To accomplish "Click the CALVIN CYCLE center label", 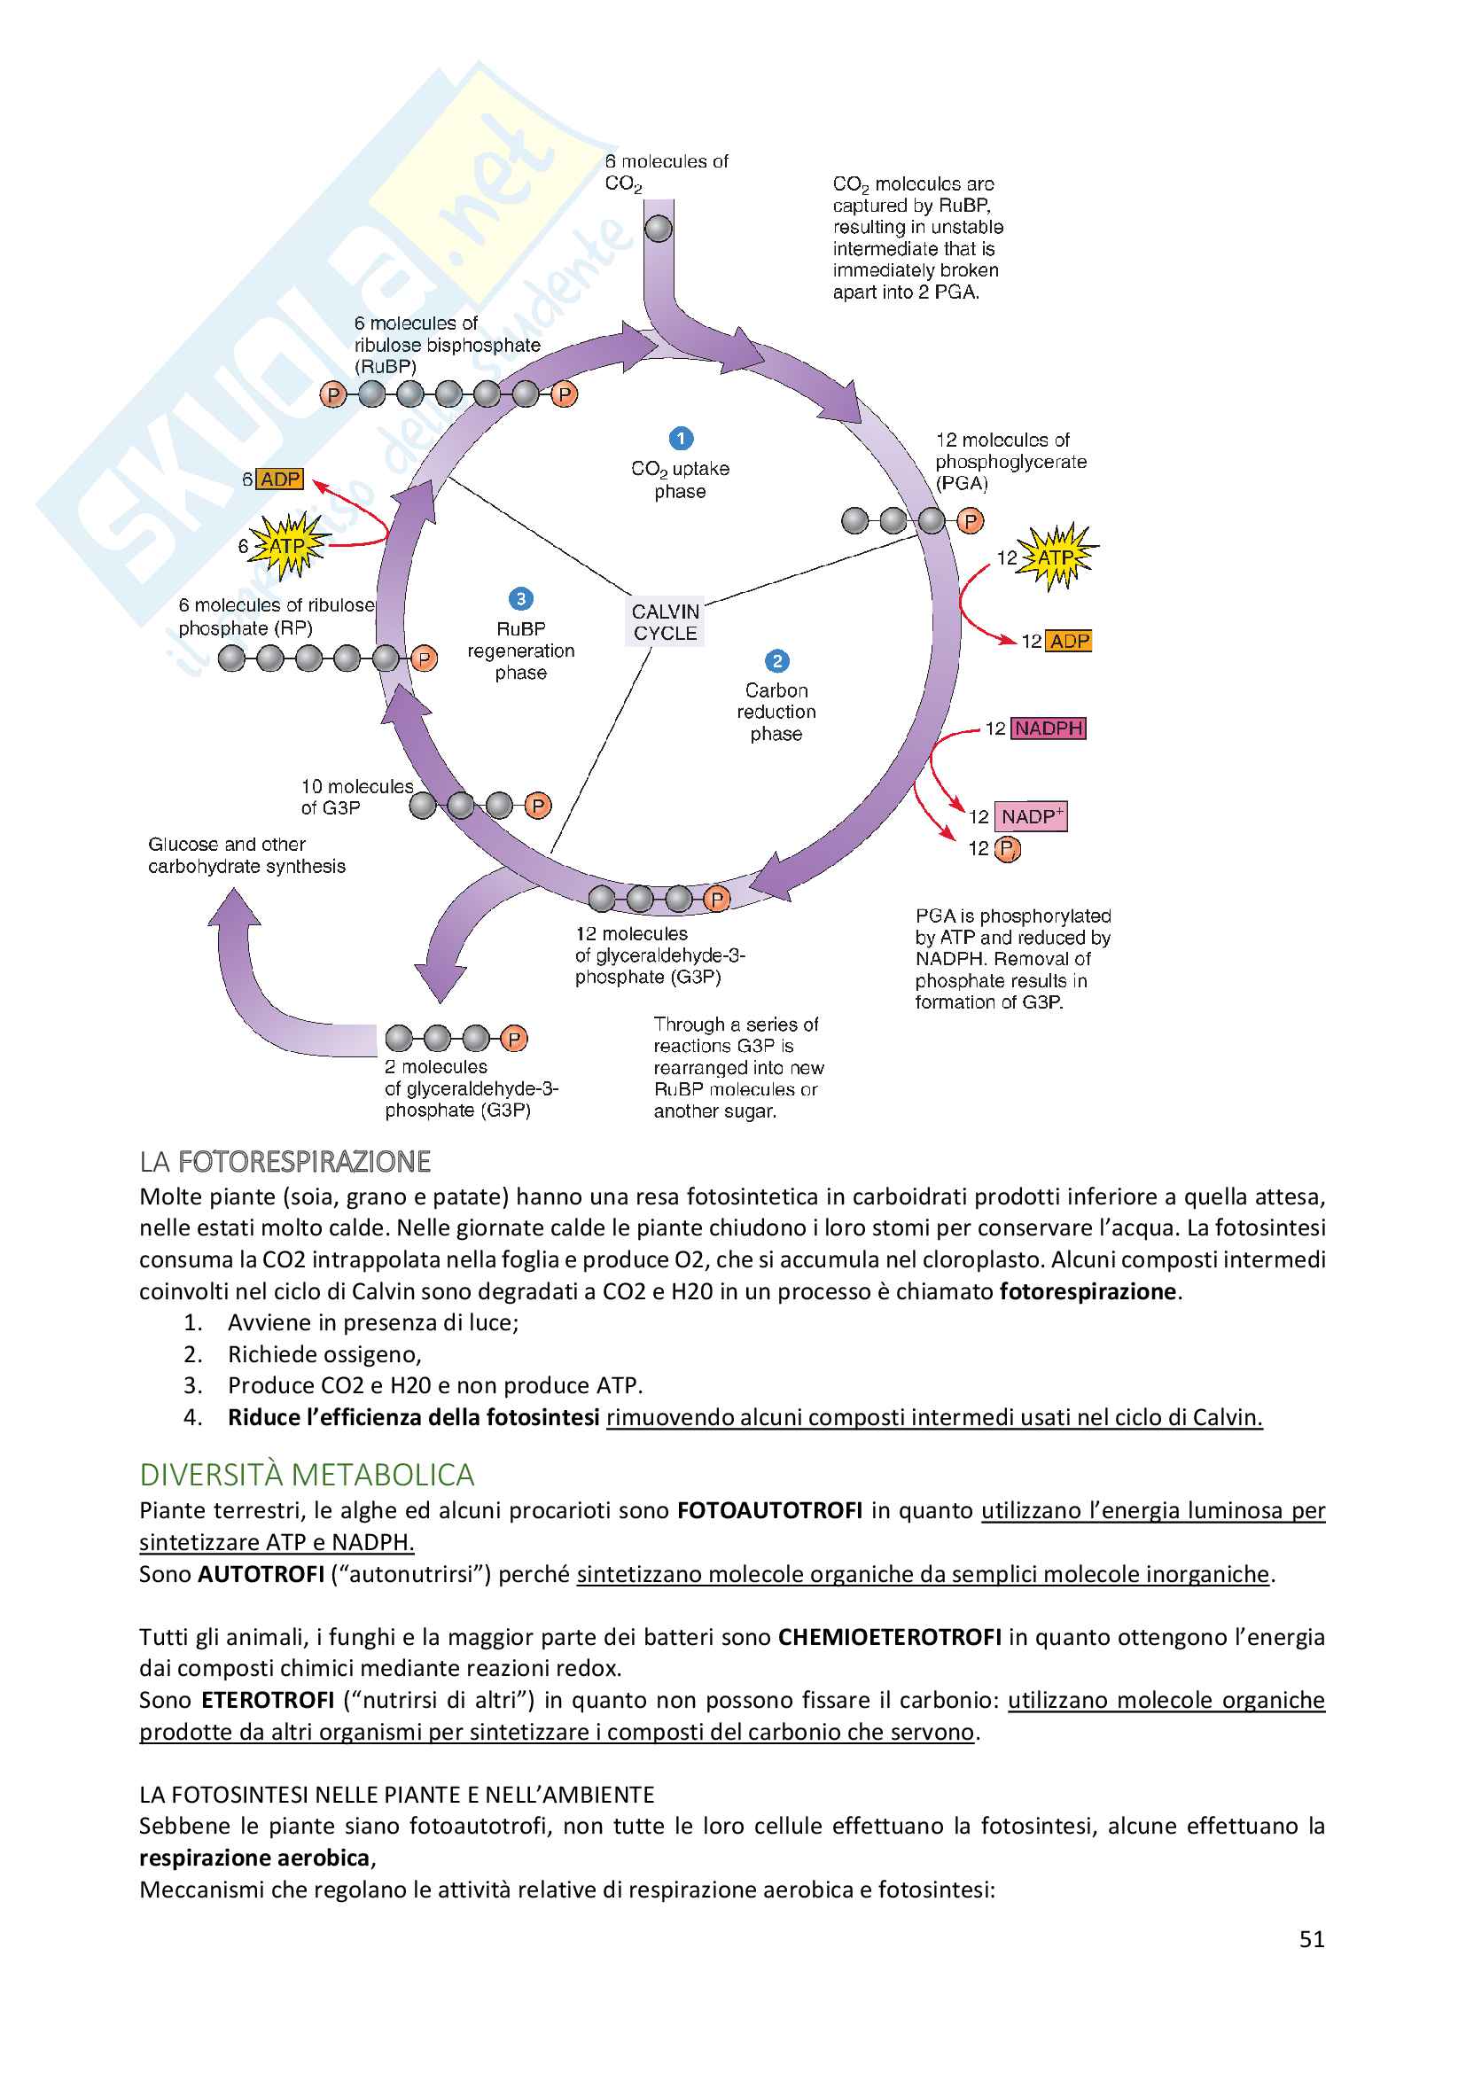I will [666, 622].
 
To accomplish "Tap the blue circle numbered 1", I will [681, 439].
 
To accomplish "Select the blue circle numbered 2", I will [776, 661].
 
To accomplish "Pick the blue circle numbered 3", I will [521, 598].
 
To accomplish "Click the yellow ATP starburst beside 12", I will [1057, 557].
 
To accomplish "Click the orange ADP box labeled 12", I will [1069, 641].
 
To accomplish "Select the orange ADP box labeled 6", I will [280, 479].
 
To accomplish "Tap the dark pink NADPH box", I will [1048, 728].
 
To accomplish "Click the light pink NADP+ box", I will [1031, 816].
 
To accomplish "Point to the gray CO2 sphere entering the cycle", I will [659, 229].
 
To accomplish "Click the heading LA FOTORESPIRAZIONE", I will [285, 1161].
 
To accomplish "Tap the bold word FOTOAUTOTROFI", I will [770, 1510].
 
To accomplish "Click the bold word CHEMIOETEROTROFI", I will [889, 1637].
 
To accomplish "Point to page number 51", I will [1312, 1939].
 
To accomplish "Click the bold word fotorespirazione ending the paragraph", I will [1088, 1291].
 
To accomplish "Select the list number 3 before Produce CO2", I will [192, 1385].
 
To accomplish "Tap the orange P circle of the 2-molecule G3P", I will [514, 1040].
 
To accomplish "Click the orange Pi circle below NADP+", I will [1008, 849].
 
